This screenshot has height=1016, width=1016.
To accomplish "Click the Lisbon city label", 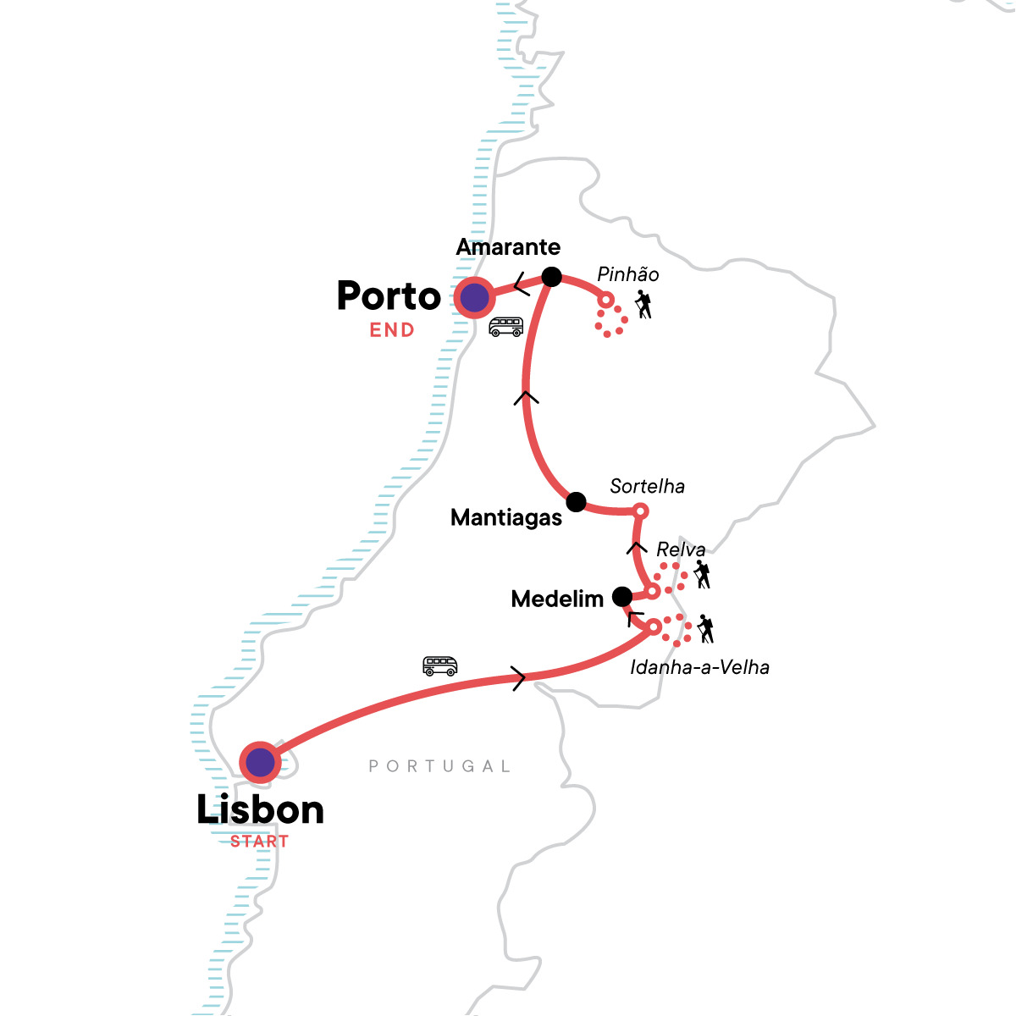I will coord(260,810).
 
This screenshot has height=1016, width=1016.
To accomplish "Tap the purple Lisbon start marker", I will coord(260,763).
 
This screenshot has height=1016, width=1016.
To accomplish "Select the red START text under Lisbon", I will coord(260,842).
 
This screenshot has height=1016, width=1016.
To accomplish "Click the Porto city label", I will coord(389,296).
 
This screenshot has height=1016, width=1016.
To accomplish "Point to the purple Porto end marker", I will coord(474,298).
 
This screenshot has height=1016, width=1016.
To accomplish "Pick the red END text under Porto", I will coord(392,330).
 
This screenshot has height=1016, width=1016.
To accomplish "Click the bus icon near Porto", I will coord(506,327).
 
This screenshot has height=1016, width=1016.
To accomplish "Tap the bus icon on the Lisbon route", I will coord(440,665).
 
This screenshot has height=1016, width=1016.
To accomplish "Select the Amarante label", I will coord(508,247).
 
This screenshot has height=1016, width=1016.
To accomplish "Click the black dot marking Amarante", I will coord(551,277).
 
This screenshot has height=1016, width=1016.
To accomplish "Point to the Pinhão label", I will coord(627,274).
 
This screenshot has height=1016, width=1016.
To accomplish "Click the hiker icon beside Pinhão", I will coord(644,305).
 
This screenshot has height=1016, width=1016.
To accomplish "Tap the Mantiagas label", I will coord(506,517).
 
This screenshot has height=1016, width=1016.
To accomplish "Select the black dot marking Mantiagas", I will coord(576,502).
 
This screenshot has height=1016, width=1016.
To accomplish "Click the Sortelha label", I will coord(647,486).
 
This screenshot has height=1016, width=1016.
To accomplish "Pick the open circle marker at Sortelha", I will coord(641,511).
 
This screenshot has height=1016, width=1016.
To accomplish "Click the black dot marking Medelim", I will coord(622,596).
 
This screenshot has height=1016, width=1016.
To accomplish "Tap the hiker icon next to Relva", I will coord(702,575).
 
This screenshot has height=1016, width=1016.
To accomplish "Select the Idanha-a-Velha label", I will coord(699,667).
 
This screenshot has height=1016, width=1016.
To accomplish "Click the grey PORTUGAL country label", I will coord(440,766).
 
